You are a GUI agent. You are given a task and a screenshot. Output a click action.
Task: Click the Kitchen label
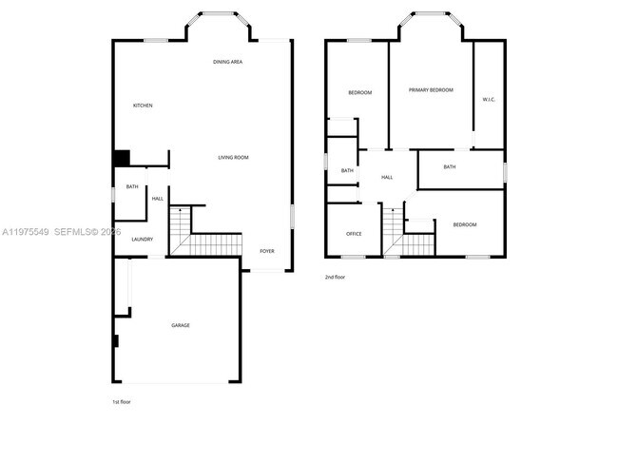click(143, 106)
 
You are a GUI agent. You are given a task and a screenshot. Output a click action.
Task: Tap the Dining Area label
click(228, 62)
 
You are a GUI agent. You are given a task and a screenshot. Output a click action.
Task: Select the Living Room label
click(233, 157)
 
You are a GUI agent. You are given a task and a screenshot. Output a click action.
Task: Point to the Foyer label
click(267, 251)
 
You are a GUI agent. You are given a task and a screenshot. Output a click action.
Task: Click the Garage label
click(181, 325)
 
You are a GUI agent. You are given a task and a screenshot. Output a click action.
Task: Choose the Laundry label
click(143, 240)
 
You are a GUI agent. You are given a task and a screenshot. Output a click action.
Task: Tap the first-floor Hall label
click(158, 199)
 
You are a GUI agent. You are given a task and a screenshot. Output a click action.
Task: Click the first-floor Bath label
click(131, 187)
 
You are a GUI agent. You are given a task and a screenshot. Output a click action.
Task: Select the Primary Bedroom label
click(431, 90)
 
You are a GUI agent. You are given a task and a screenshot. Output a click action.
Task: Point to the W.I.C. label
click(489, 99)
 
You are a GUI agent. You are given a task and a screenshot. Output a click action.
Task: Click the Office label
click(354, 234)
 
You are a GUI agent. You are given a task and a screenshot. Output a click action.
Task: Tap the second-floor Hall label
click(387, 178)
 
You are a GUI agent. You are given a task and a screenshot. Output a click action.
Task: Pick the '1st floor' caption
click(122, 402)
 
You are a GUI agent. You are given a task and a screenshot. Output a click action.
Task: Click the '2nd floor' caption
click(335, 278)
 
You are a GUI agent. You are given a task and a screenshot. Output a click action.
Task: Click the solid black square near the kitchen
click(122, 158)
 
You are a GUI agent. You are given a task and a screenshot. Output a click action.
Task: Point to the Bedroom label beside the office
click(464, 224)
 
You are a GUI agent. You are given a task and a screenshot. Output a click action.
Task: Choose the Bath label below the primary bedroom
click(450, 167)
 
